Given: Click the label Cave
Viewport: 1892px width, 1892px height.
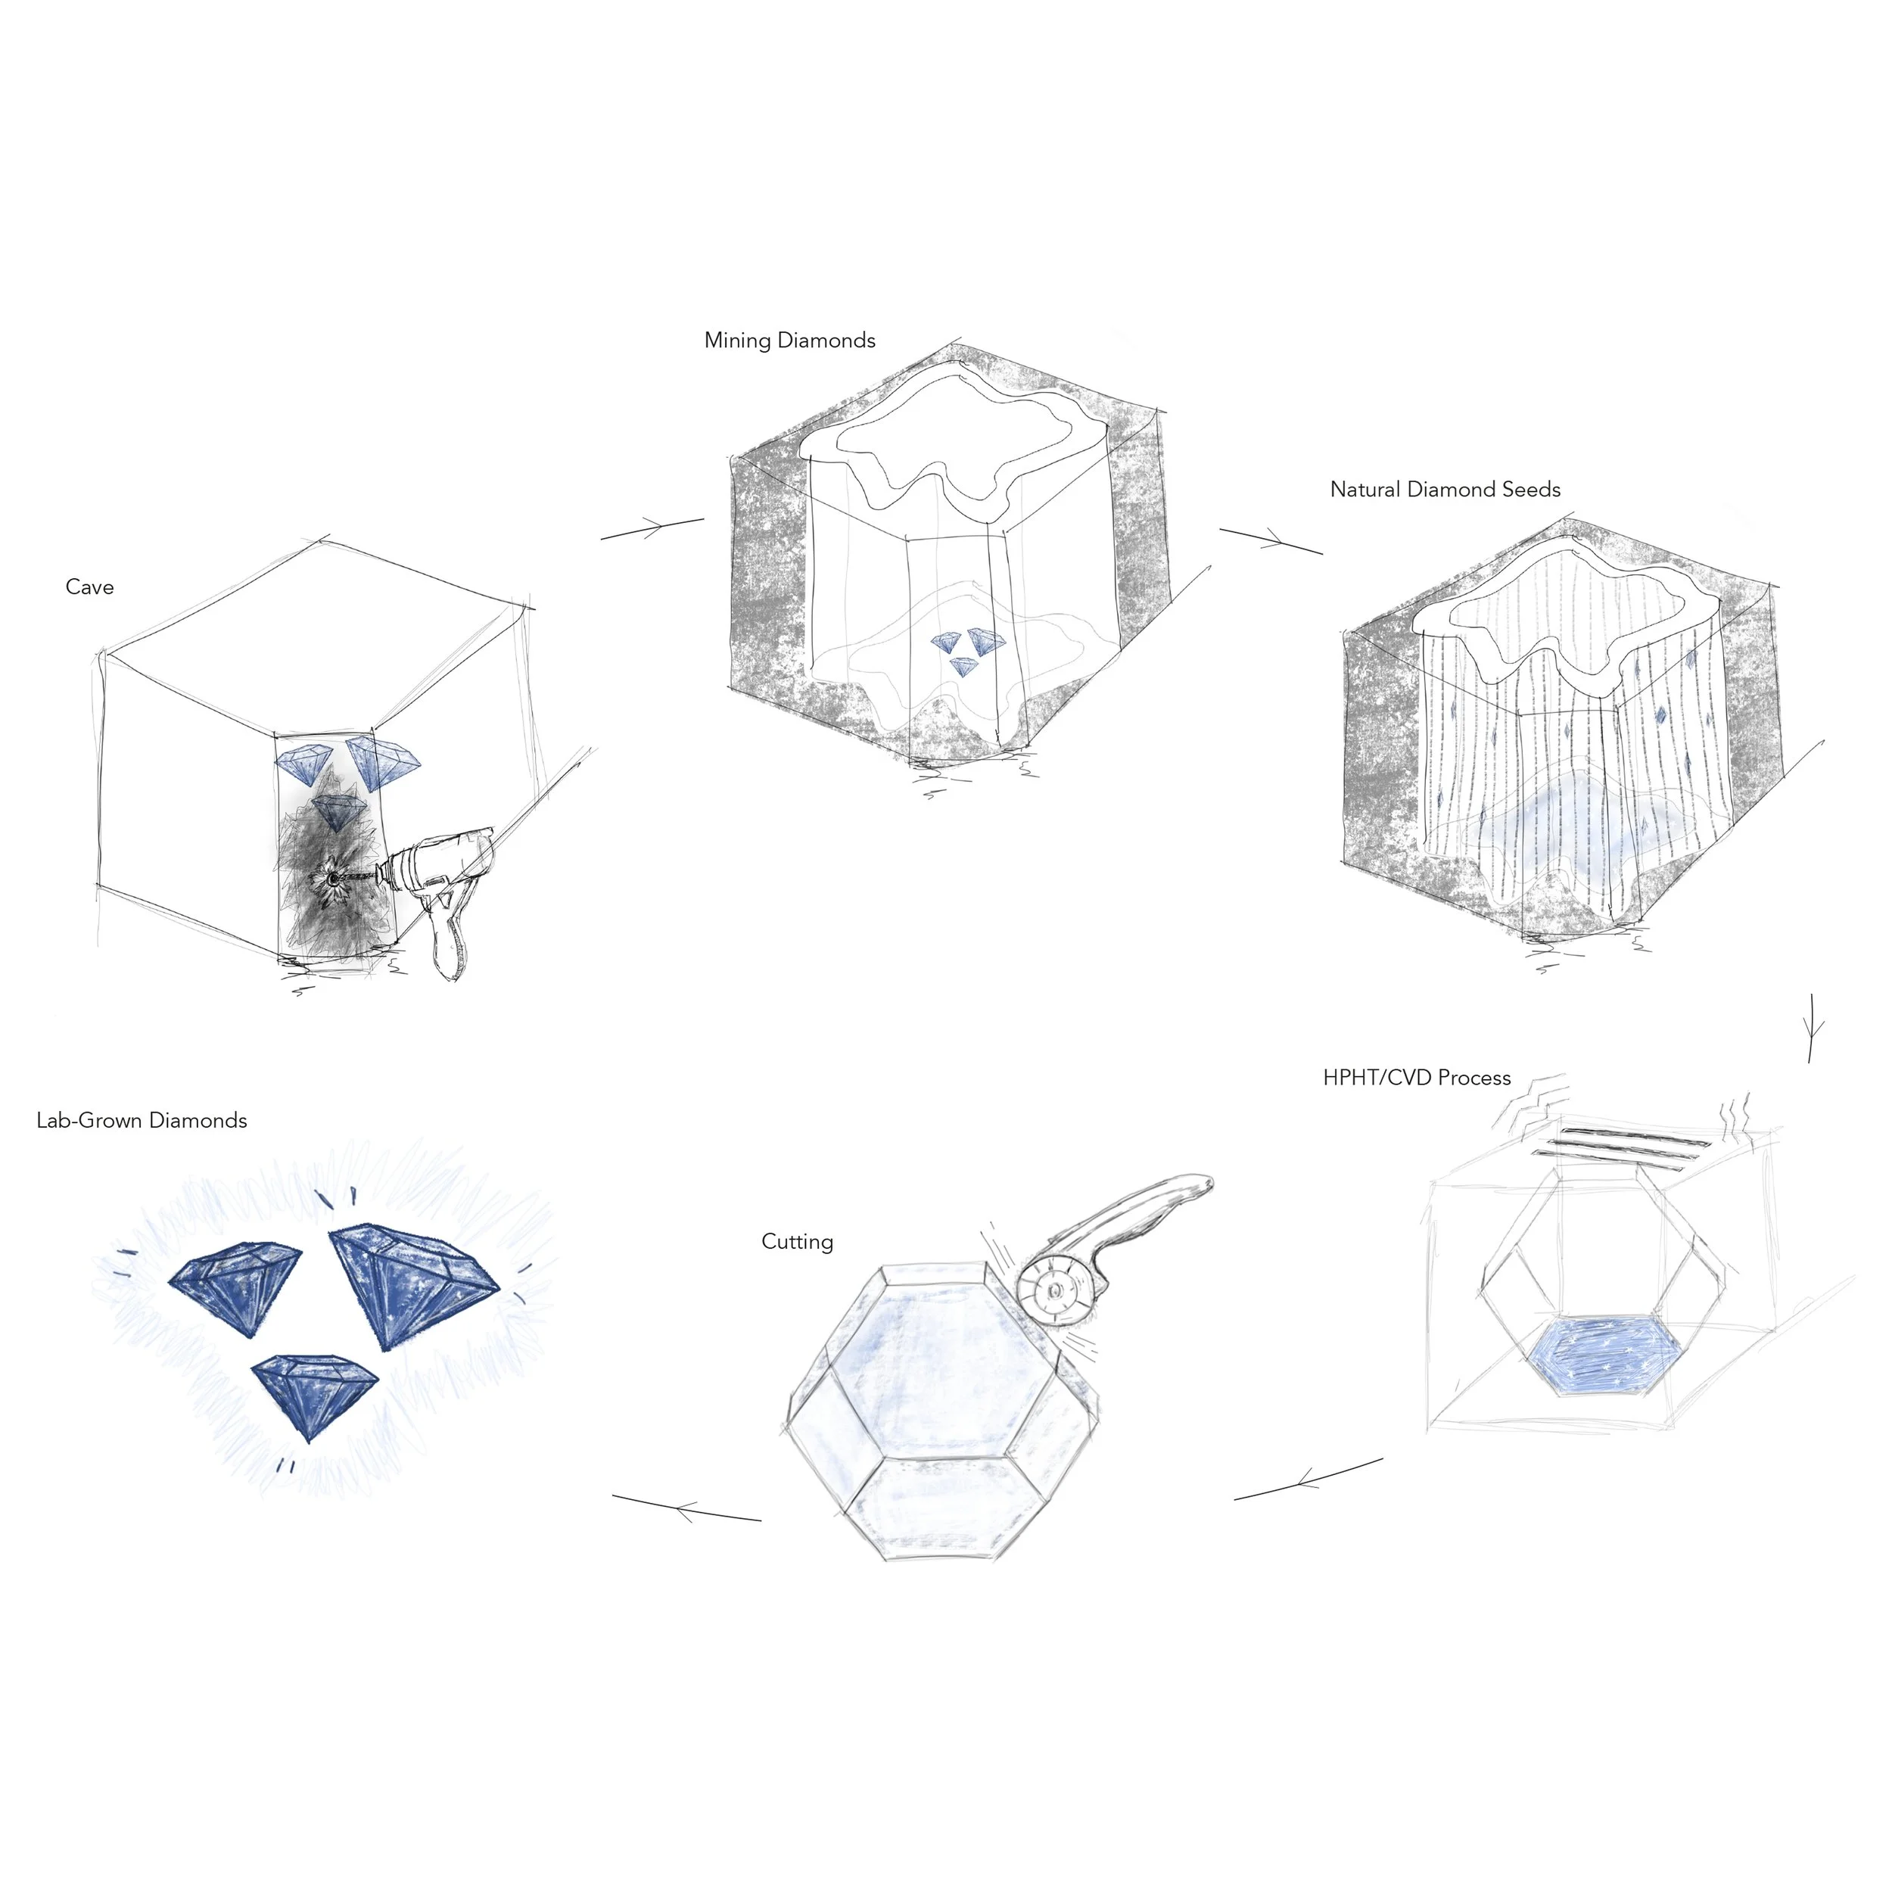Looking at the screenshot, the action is pos(89,587).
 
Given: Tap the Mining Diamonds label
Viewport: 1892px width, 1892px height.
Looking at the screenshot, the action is pos(789,341).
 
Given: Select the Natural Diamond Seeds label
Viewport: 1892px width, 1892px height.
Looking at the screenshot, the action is pos(1445,490).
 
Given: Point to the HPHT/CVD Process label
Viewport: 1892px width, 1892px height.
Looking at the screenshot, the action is pos(1416,1078).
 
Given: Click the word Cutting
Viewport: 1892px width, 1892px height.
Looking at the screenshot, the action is pos(797,1242).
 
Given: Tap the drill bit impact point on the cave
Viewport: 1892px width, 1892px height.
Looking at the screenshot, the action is pos(334,879).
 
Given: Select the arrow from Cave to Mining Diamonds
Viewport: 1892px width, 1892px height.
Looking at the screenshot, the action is pos(652,529).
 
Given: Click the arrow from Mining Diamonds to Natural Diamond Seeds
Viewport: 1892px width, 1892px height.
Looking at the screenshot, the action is pos(1271,540).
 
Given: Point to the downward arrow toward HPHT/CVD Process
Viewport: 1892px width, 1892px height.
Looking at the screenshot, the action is pos(1813,1028).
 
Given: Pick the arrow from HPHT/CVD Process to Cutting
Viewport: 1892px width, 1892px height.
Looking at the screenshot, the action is pos(1309,1479).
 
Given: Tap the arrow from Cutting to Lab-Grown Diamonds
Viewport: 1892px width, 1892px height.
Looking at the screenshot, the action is pos(686,1508).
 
